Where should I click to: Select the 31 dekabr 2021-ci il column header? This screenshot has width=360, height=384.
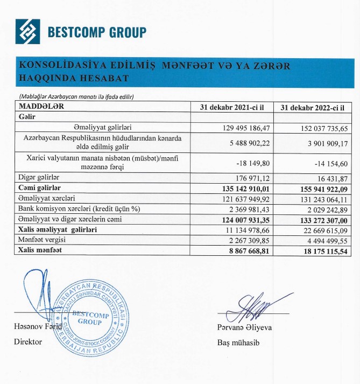[231, 107]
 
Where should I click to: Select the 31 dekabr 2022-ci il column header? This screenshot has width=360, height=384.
[313, 107]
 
